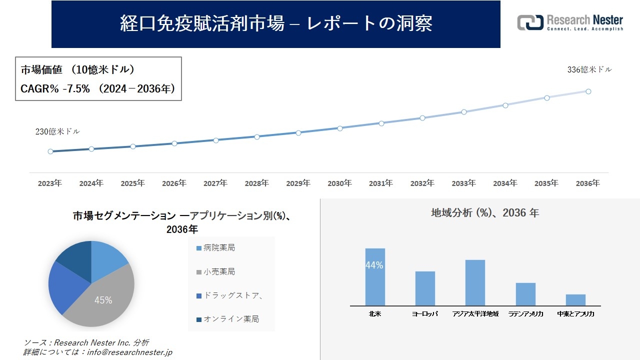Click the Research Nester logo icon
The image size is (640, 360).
(530, 22)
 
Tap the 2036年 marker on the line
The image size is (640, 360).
(588, 91)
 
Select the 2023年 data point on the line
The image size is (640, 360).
(50, 151)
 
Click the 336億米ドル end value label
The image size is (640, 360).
(589, 70)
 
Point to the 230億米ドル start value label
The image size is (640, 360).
(57, 132)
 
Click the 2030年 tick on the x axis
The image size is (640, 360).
(339, 183)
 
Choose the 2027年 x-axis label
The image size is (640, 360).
(215, 183)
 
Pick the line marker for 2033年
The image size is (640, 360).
(464, 112)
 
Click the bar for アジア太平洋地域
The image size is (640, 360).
(475, 282)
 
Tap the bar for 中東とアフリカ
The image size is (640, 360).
(575, 300)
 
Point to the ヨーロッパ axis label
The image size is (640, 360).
(425, 314)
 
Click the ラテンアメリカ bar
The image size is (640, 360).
(525, 294)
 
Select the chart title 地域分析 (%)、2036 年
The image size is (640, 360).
(484, 213)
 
